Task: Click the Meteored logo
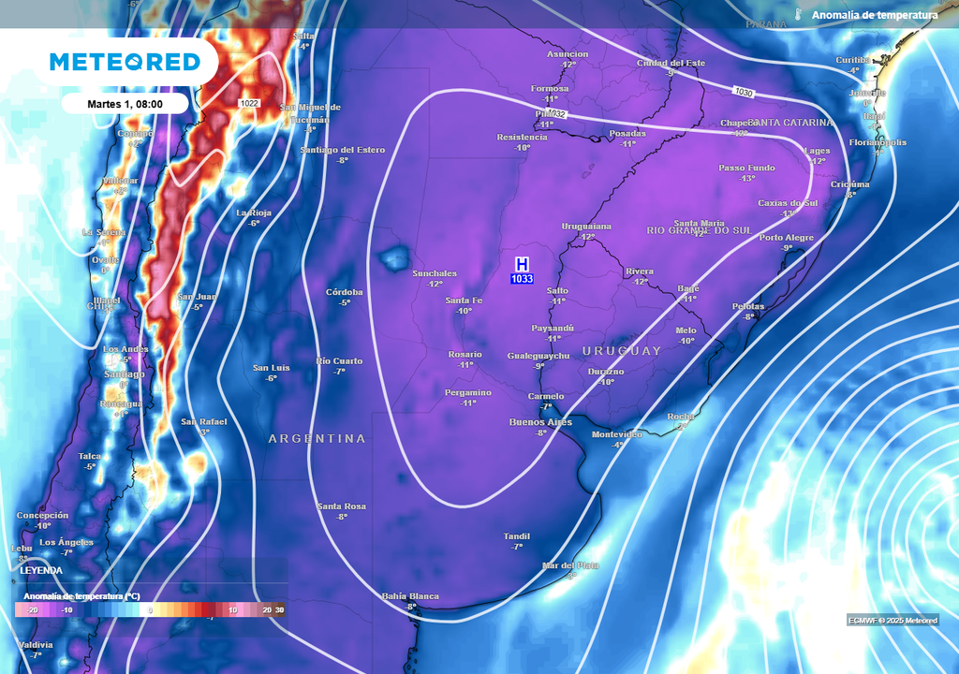pos(125,62)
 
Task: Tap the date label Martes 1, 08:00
pos(125,103)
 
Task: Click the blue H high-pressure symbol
pos(522,265)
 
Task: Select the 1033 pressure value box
pos(522,279)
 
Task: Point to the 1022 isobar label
pos(249,103)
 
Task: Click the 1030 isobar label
pos(744,92)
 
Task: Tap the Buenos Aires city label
pos(539,422)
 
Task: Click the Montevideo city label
pos(617,434)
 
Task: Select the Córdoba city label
pos(344,292)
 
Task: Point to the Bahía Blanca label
pos(410,596)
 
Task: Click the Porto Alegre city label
pos(787,238)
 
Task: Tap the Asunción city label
pos(568,54)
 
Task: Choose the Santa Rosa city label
pos(341,506)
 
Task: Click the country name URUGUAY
pos(622,350)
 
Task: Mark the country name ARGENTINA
pos(317,438)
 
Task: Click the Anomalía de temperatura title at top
pos(875,15)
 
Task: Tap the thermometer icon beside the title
pos(798,15)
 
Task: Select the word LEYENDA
pos(41,569)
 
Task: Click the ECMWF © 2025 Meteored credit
pos(893,620)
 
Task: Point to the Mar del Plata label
pos(569,565)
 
